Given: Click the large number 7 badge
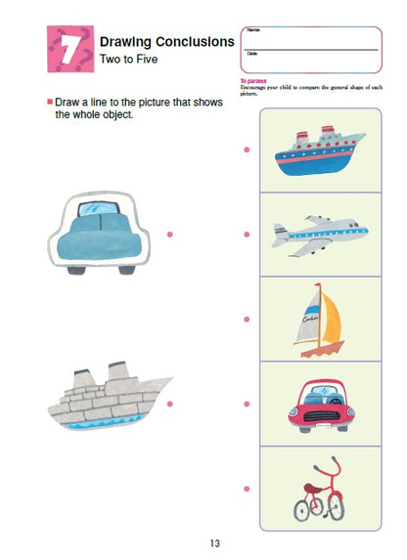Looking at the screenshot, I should [69, 51].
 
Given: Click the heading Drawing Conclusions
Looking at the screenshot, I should [166, 41].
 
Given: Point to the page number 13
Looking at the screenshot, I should [215, 543].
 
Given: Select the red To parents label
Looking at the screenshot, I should [253, 81].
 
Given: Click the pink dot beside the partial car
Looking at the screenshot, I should [169, 235].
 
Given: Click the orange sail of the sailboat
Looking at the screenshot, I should [333, 320].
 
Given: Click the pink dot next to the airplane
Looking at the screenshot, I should [247, 235].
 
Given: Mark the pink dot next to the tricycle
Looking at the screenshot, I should [247, 488].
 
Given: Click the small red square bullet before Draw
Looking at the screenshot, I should [50, 102].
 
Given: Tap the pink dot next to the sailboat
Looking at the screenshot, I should [247, 319].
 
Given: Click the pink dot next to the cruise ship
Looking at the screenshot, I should [247, 150].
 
